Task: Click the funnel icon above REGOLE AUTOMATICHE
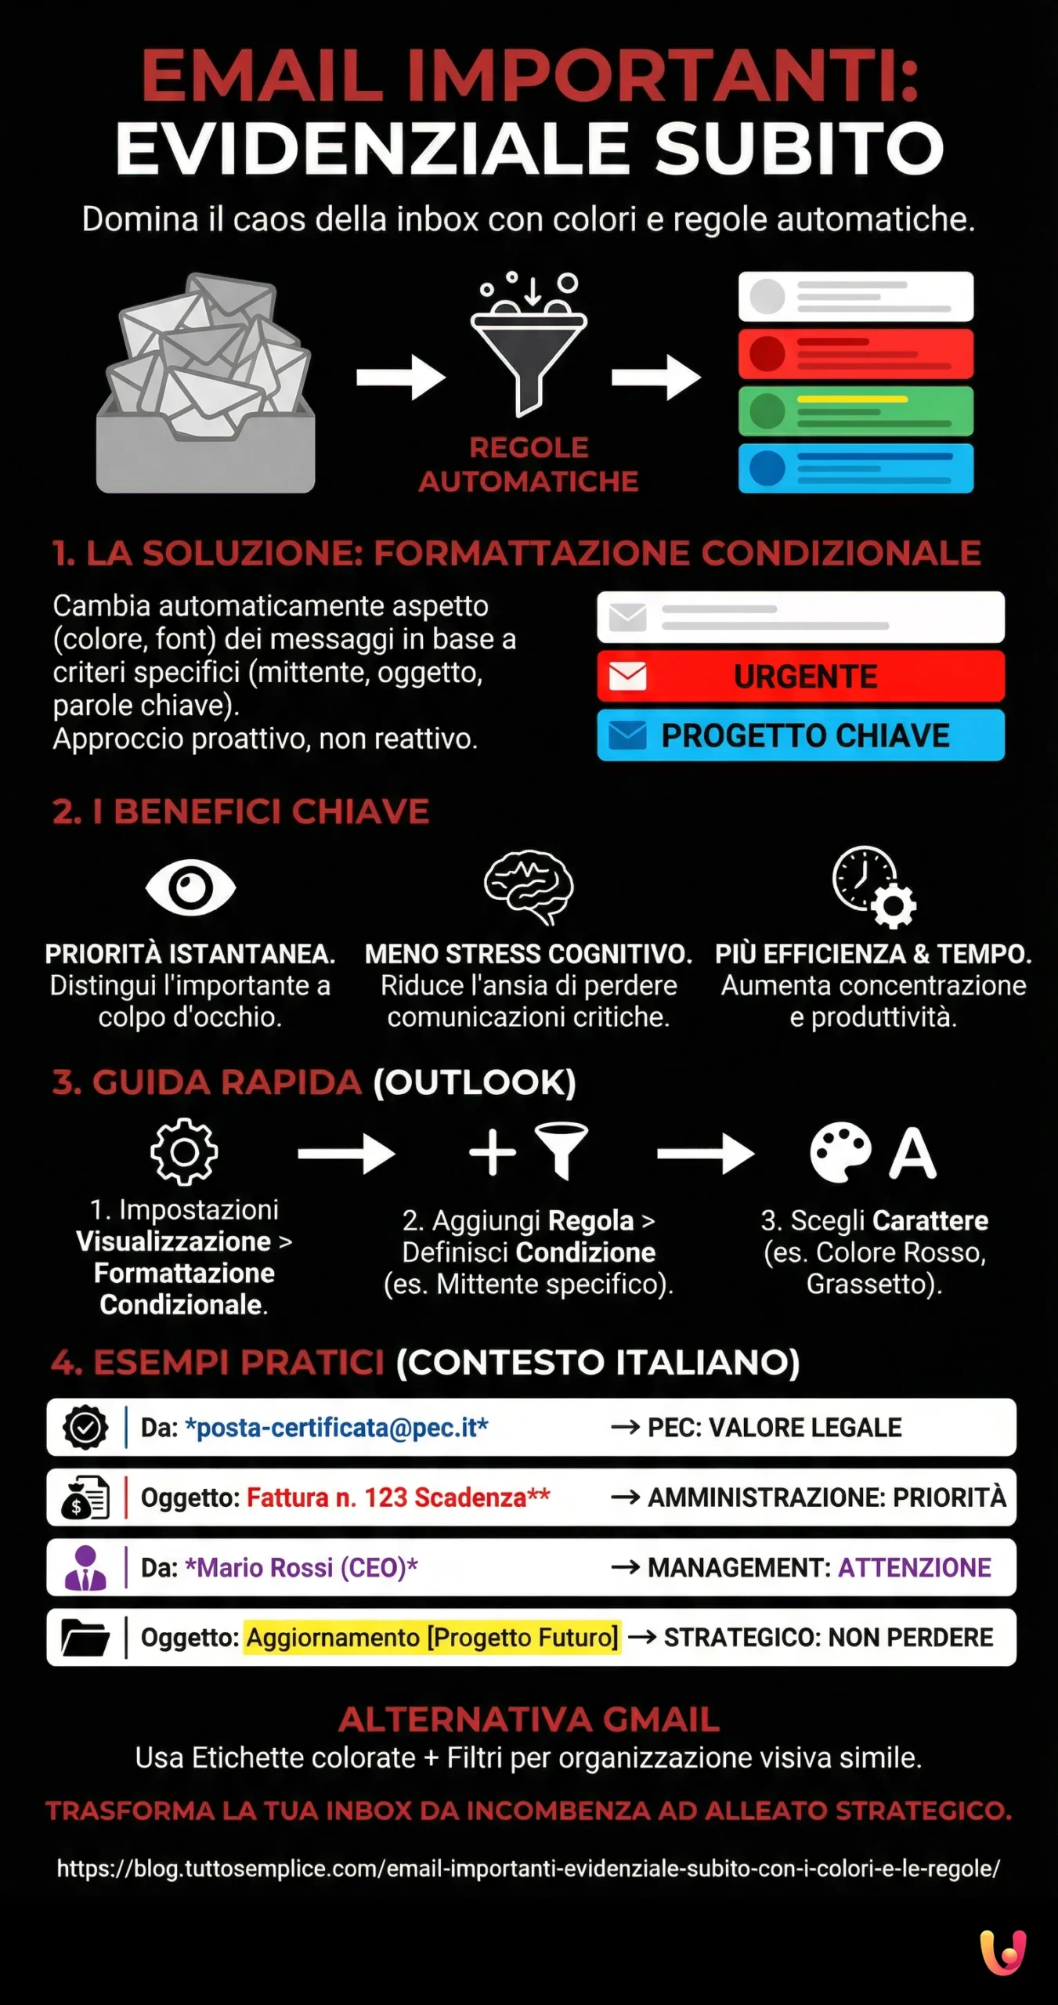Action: pyautogui.click(x=529, y=352)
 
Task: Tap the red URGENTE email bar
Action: pyautogui.click(x=800, y=676)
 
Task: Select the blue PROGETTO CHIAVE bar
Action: pyautogui.click(x=800, y=735)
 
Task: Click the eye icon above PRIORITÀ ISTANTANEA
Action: pyautogui.click(x=190, y=887)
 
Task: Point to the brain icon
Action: pyautogui.click(x=529, y=887)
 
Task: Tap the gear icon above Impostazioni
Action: pyautogui.click(x=184, y=1151)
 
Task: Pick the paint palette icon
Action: pyautogui.click(x=840, y=1152)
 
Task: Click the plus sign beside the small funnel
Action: pyautogui.click(x=492, y=1152)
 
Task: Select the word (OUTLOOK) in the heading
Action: pyautogui.click(x=475, y=1082)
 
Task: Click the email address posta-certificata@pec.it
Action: pyautogui.click(x=337, y=1428)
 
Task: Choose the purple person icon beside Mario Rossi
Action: pyautogui.click(x=85, y=1567)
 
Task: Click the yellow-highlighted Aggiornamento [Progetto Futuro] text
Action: pyautogui.click(x=432, y=1637)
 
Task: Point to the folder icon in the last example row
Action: pyautogui.click(x=85, y=1637)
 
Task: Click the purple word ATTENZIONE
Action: pyautogui.click(x=915, y=1567)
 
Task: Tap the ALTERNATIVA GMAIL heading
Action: pyautogui.click(x=529, y=1720)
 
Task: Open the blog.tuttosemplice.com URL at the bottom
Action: pyautogui.click(x=529, y=1868)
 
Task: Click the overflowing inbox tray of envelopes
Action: pyautogui.click(x=206, y=384)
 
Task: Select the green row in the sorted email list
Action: pyautogui.click(x=856, y=411)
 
